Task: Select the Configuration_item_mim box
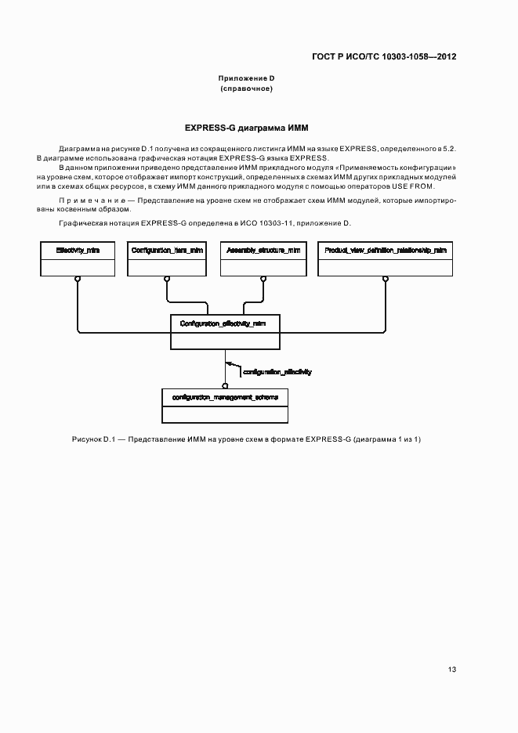click(167, 258)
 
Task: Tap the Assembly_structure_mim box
click(263, 258)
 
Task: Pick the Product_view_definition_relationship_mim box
click(385, 258)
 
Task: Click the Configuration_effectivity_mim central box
click(225, 331)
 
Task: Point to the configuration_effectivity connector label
click(277, 372)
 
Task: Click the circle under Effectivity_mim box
click(77, 278)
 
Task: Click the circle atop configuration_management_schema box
click(225, 385)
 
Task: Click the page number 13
click(451, 669)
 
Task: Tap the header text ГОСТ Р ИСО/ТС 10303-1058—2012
click(383, 56)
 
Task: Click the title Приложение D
click(245, 78)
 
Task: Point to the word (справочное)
click(245, 88)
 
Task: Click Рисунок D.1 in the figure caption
click(92, 439)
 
